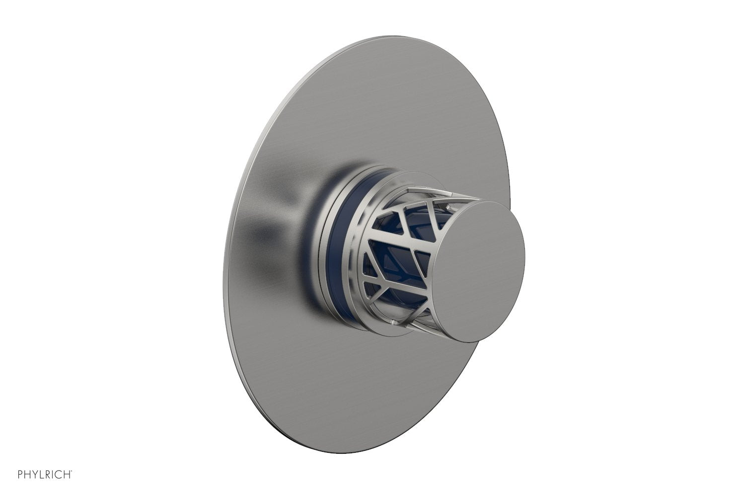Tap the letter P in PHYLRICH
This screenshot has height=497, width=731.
20,475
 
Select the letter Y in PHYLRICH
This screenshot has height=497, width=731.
35,475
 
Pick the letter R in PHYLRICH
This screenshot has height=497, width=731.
49,475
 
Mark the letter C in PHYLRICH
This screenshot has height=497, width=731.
60,475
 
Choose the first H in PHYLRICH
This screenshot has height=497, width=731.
28,475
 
